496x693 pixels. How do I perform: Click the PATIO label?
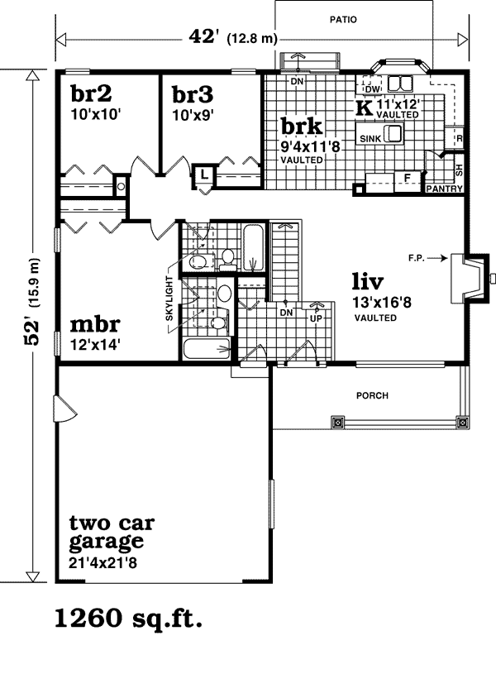coord(343,20)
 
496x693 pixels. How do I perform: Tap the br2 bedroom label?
coord(91,93)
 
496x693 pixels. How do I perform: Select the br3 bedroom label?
coord(193,94)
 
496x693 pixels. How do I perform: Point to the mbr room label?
coord(95,325)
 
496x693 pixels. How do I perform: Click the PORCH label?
coord(372,395)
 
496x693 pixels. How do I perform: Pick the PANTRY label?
coord(444,189)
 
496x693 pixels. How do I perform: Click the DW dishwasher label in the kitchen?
coord(373,89)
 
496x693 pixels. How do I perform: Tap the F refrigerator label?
coord(408,178)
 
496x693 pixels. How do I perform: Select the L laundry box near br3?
coord(204,174)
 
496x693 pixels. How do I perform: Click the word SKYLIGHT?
coord(169,299)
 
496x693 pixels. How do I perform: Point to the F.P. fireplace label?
coord(417,258)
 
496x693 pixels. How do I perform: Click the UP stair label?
coord(317,318)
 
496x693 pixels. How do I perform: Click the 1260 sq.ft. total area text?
coord(128,618)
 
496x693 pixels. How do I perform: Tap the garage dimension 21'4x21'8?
coord(103,563)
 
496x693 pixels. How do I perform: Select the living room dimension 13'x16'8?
coord(382,303)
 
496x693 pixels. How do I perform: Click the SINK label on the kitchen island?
coord(370,139)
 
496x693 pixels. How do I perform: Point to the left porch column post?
coord(338,423)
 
